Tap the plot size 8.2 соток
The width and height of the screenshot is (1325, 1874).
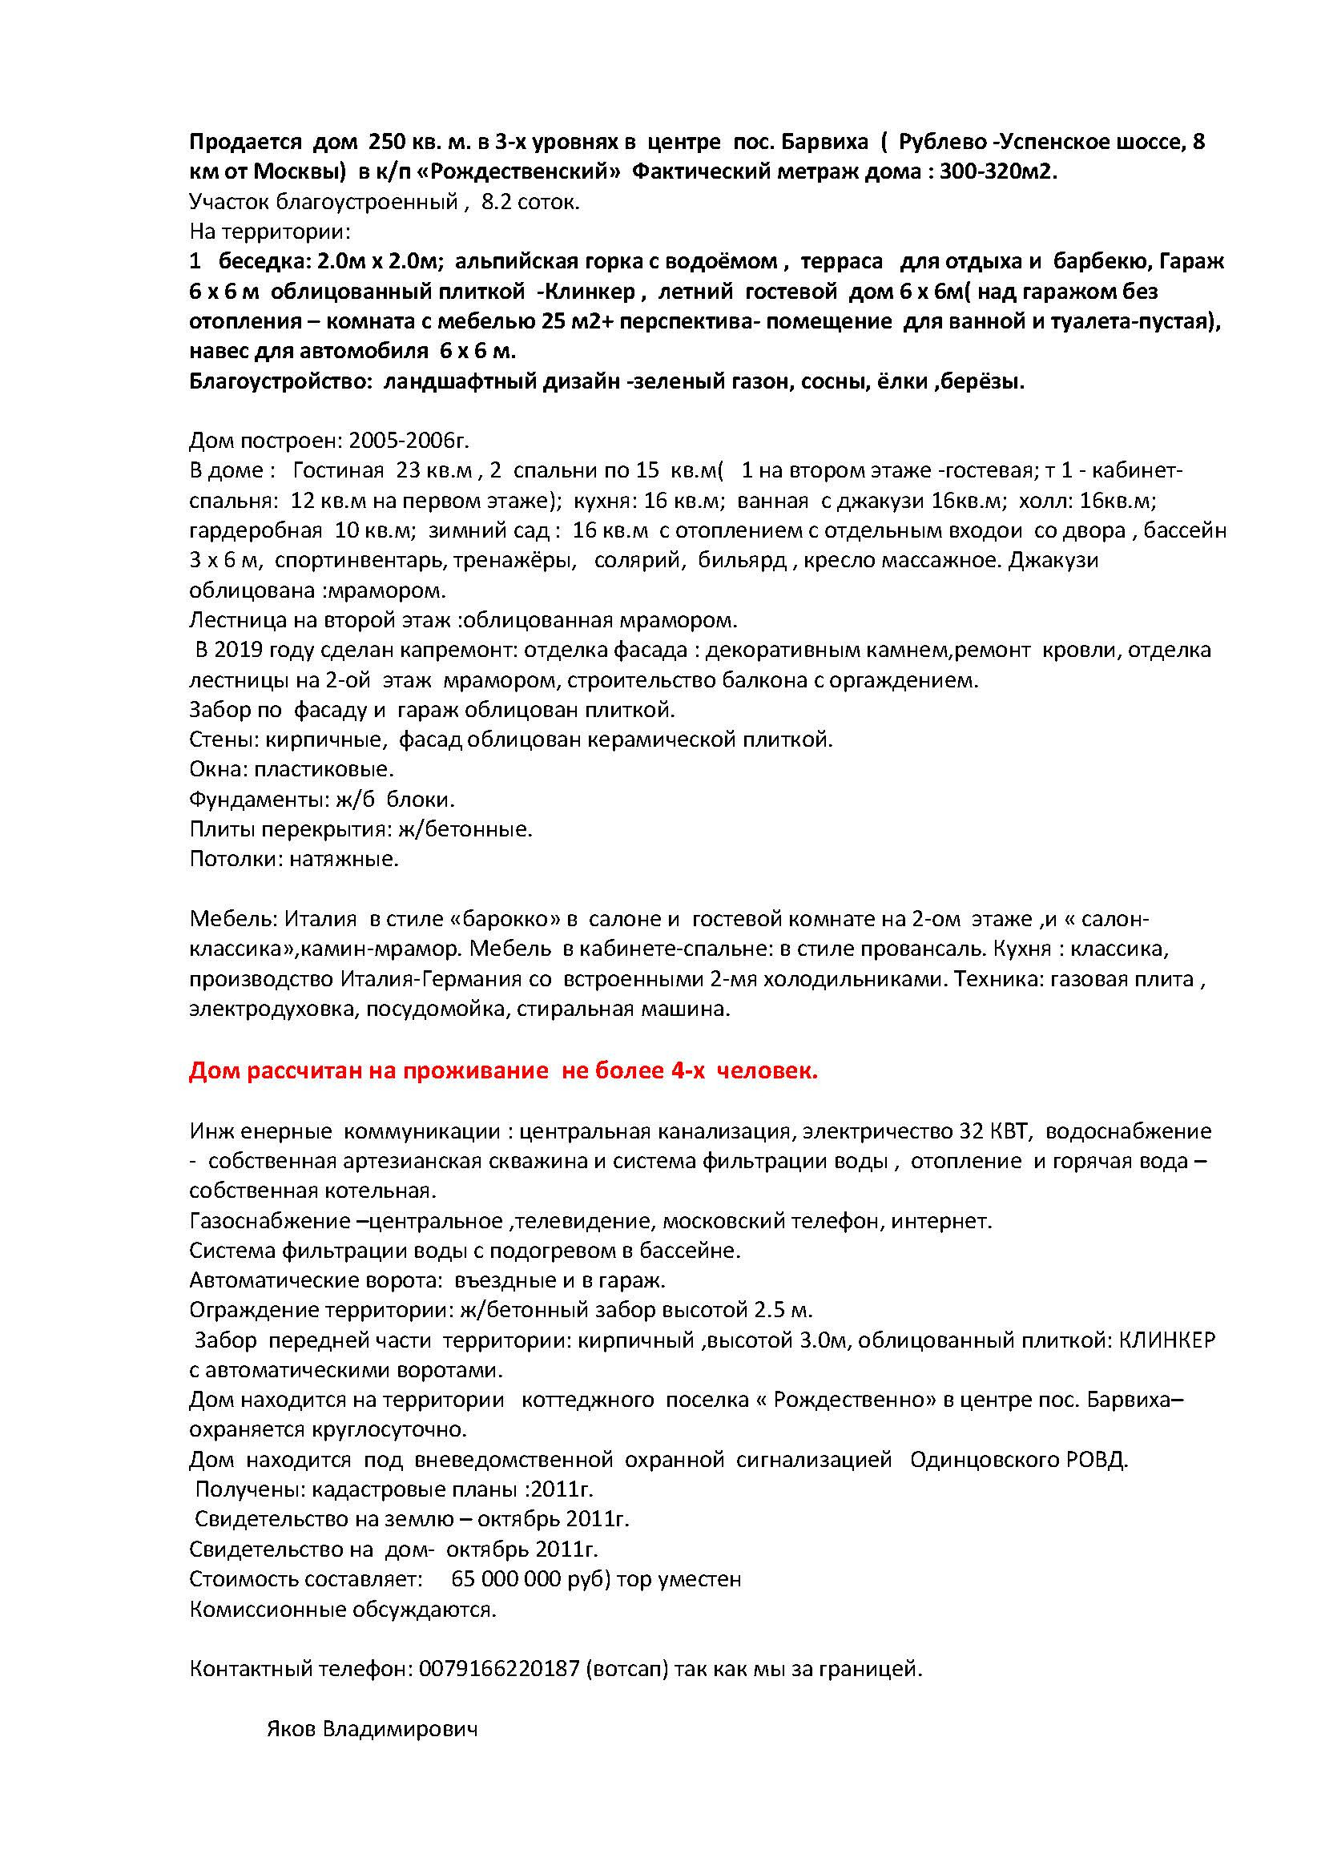531,203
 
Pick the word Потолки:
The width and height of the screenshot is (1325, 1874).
236,860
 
